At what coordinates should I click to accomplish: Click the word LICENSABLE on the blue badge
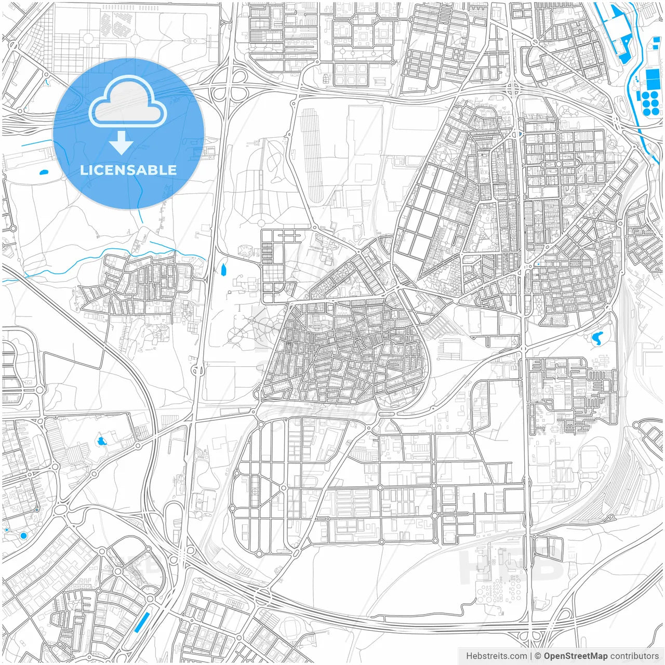128,170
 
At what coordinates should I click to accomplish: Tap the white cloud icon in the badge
128,104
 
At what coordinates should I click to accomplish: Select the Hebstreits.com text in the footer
496,656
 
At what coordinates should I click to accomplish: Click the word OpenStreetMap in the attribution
576,656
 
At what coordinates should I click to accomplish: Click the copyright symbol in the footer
538,656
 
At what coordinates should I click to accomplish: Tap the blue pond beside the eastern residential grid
597,338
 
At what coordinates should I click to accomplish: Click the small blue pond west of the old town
224,270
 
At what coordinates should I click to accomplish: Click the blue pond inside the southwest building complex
101,442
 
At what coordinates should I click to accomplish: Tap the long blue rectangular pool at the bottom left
141,622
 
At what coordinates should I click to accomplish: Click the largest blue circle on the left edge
23,536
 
